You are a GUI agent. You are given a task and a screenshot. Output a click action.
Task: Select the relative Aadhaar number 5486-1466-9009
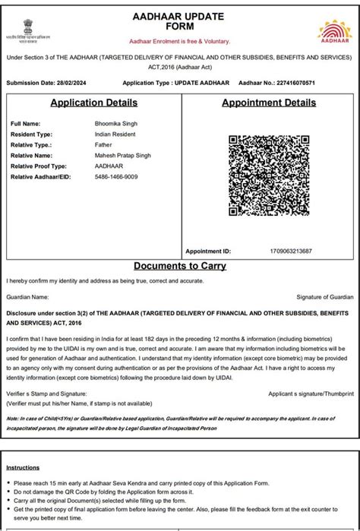116,177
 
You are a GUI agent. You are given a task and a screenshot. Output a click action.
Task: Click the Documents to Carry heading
179,267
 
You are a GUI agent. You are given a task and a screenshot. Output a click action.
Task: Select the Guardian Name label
27,297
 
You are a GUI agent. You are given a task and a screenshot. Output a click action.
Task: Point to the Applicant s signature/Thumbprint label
311,394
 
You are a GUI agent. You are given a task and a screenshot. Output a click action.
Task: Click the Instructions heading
23,469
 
